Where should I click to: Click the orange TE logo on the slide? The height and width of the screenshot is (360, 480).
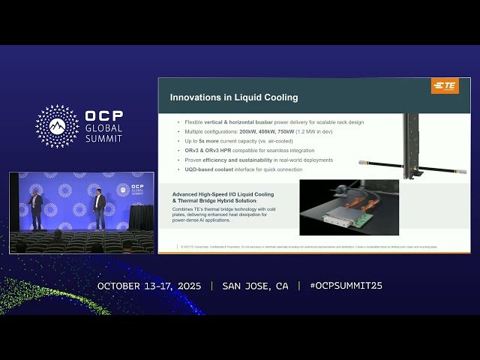(x=445, y=86)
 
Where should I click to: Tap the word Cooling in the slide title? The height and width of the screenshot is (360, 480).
(x=280, y=97)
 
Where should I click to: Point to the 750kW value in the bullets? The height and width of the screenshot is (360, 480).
(x=294, y=131)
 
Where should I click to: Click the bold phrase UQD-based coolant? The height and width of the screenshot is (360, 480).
(x=211, y=169)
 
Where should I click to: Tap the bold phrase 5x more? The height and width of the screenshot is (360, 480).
(x=208, y=141)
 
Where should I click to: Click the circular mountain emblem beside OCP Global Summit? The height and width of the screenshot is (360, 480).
(x=57, y=127)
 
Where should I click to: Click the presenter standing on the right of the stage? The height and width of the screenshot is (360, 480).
(x=99, y=209)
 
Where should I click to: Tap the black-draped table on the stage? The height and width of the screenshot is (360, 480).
(x=141, y=217)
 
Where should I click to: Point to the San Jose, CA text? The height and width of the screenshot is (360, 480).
(x=255, y=286)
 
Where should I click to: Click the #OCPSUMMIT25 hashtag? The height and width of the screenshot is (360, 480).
(x=340, y=286)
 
